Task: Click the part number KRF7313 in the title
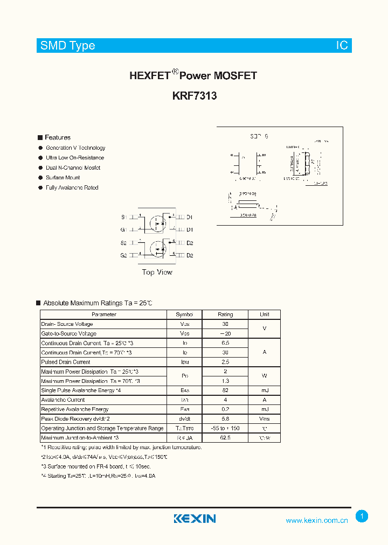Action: [x=195, y=96]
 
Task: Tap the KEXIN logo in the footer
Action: [x=195, y=519]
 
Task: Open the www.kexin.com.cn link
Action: [x=316, y=520]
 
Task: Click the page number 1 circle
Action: [x=362, y=516]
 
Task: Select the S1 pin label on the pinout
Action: [x=123, y=217]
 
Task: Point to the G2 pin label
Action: [x=123, y=255]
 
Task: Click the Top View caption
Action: [x=157, y=272]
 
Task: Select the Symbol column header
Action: [x=184, y=315]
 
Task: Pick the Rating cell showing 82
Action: [x=225, y=390]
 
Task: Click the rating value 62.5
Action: [x=225, y=437]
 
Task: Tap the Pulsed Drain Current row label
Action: [x=66, y=362]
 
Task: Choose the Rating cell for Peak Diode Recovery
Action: [x=225, y=418]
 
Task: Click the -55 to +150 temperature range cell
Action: [x=225, y=428]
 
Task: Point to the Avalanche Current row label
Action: [x=63, y=400]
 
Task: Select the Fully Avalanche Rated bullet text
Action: [x=72, y=187]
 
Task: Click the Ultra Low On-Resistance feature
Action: [x=75, y=158]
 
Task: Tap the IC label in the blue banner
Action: [x=342, y=46]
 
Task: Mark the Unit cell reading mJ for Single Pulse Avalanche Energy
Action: [x=265, y=390]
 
